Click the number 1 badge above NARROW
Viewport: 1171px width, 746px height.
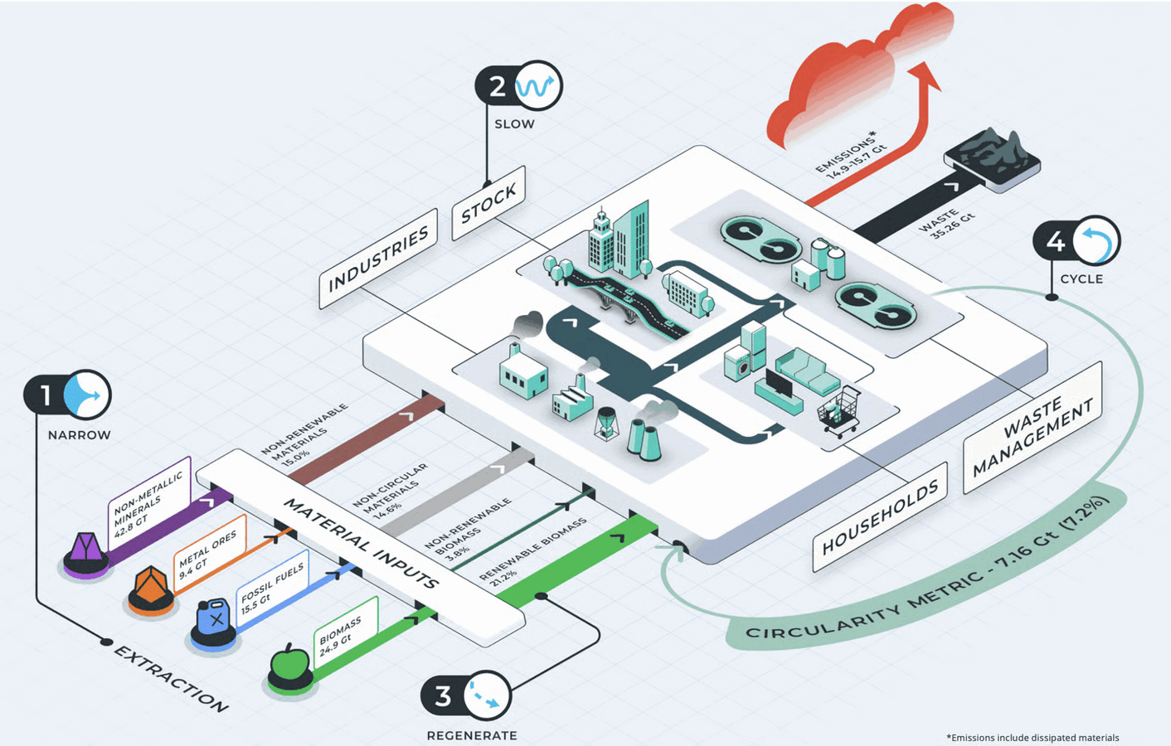(x=46, y=395)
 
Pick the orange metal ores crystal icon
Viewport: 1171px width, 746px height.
(x=151, y=586)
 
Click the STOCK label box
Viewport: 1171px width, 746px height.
(x=488, y=203)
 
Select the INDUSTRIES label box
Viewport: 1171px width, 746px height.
(x=378, y=259)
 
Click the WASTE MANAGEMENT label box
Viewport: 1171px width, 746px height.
(x=1033, y=428)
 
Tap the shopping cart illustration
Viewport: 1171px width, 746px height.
(x=840, y=410)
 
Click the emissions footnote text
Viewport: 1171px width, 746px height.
(x=1033, y=737)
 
